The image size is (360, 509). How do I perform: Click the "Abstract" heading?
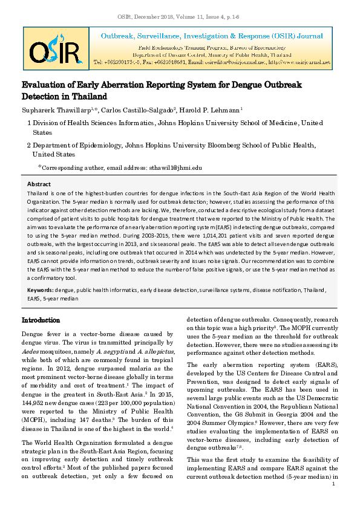39,183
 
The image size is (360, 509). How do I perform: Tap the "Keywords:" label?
41,290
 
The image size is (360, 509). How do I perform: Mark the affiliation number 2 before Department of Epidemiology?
29,145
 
